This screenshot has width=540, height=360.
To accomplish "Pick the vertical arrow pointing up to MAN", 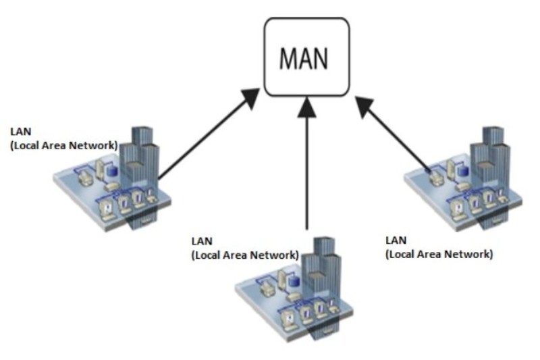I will pos(307,169).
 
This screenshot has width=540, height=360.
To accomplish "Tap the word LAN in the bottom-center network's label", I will pos(202,240).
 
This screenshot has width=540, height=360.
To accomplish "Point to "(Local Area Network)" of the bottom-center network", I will pos(245,255).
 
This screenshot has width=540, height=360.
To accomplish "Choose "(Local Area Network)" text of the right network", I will pos(439,255).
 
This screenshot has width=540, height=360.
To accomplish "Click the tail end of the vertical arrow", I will pos(307,230).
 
